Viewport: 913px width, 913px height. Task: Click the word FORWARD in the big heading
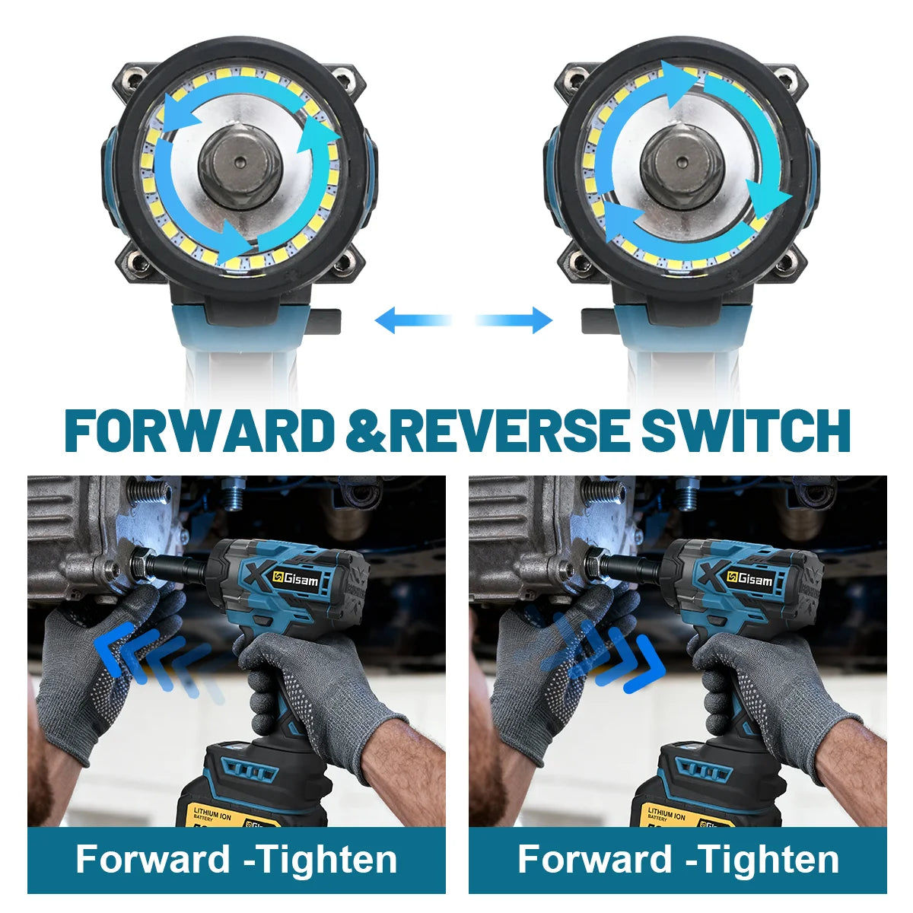tap(199, 430)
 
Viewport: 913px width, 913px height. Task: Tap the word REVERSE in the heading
tap(510, 430)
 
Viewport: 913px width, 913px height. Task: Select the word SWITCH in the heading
tap(746, 430)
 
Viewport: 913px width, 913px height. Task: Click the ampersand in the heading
tap(365, 430)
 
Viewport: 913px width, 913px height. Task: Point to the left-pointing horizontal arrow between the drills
tap(413, 320)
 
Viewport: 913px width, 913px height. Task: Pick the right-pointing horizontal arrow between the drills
tap(514, 320)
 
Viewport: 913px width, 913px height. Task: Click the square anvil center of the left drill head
tap(240, 163)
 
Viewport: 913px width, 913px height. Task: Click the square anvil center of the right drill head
tap(682, 163)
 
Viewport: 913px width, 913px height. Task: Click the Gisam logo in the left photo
tap(297, 578)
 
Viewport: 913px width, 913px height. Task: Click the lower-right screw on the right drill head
tap(786, 260)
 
